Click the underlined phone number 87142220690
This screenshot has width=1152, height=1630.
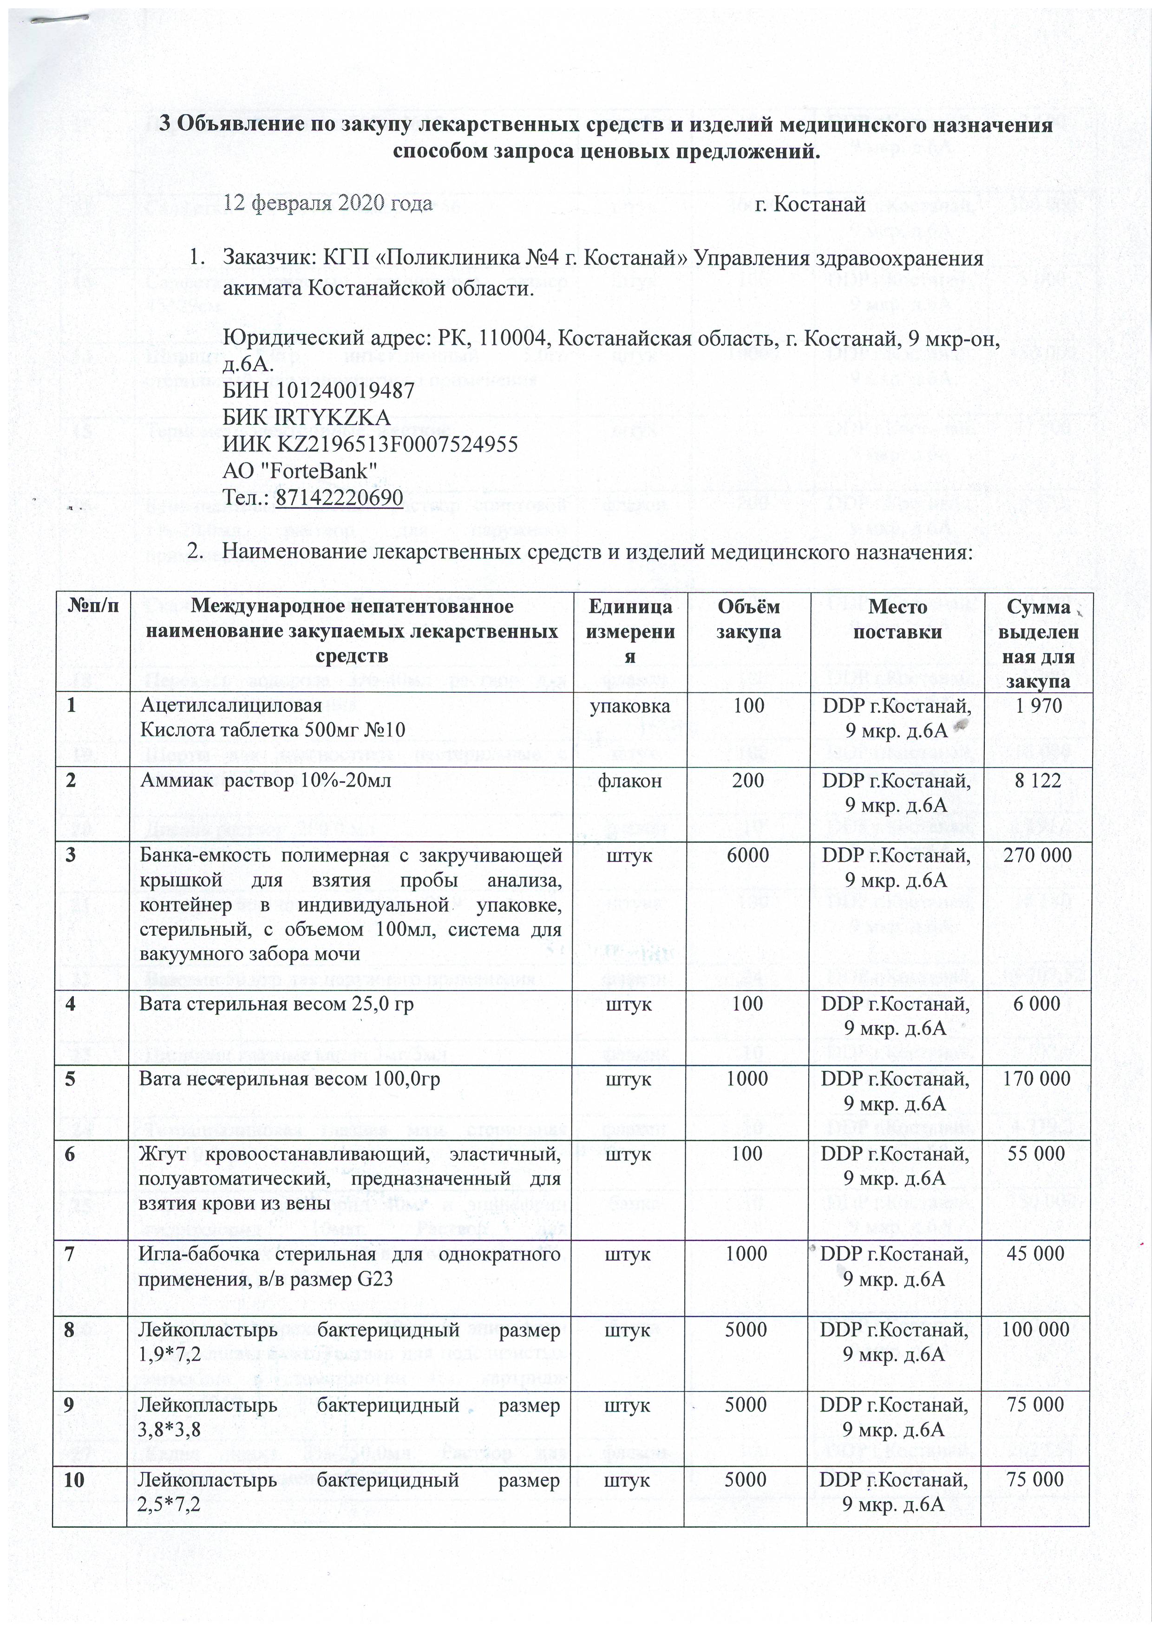[x=339, y=498]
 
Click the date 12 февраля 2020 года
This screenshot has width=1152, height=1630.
[x=328, y=204]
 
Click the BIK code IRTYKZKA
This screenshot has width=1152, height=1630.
[x=307, y=417]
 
